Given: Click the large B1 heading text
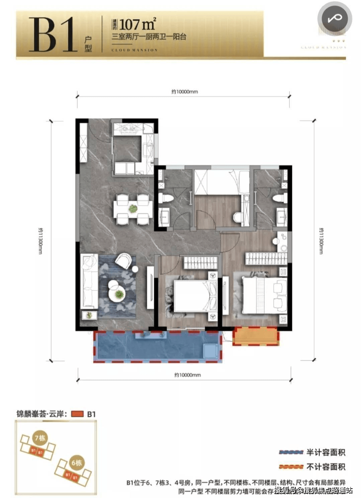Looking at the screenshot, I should (53, 35).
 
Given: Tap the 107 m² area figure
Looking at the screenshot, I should (137, 24).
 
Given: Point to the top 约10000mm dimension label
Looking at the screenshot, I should (184, 92).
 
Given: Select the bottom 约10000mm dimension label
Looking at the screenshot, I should (187, 375).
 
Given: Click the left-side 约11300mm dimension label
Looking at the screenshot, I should (40, 241).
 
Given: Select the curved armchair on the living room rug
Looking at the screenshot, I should (123, 260).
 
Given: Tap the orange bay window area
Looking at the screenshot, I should (256, 336).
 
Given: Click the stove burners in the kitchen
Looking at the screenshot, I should (127, 128).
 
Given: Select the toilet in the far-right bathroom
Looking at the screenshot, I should (279, 197).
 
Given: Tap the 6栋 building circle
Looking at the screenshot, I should (76, 463).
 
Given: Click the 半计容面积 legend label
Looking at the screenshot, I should (326, 453).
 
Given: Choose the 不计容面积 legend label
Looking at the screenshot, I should (326, 467).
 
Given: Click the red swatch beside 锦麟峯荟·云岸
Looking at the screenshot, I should (77, 414).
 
